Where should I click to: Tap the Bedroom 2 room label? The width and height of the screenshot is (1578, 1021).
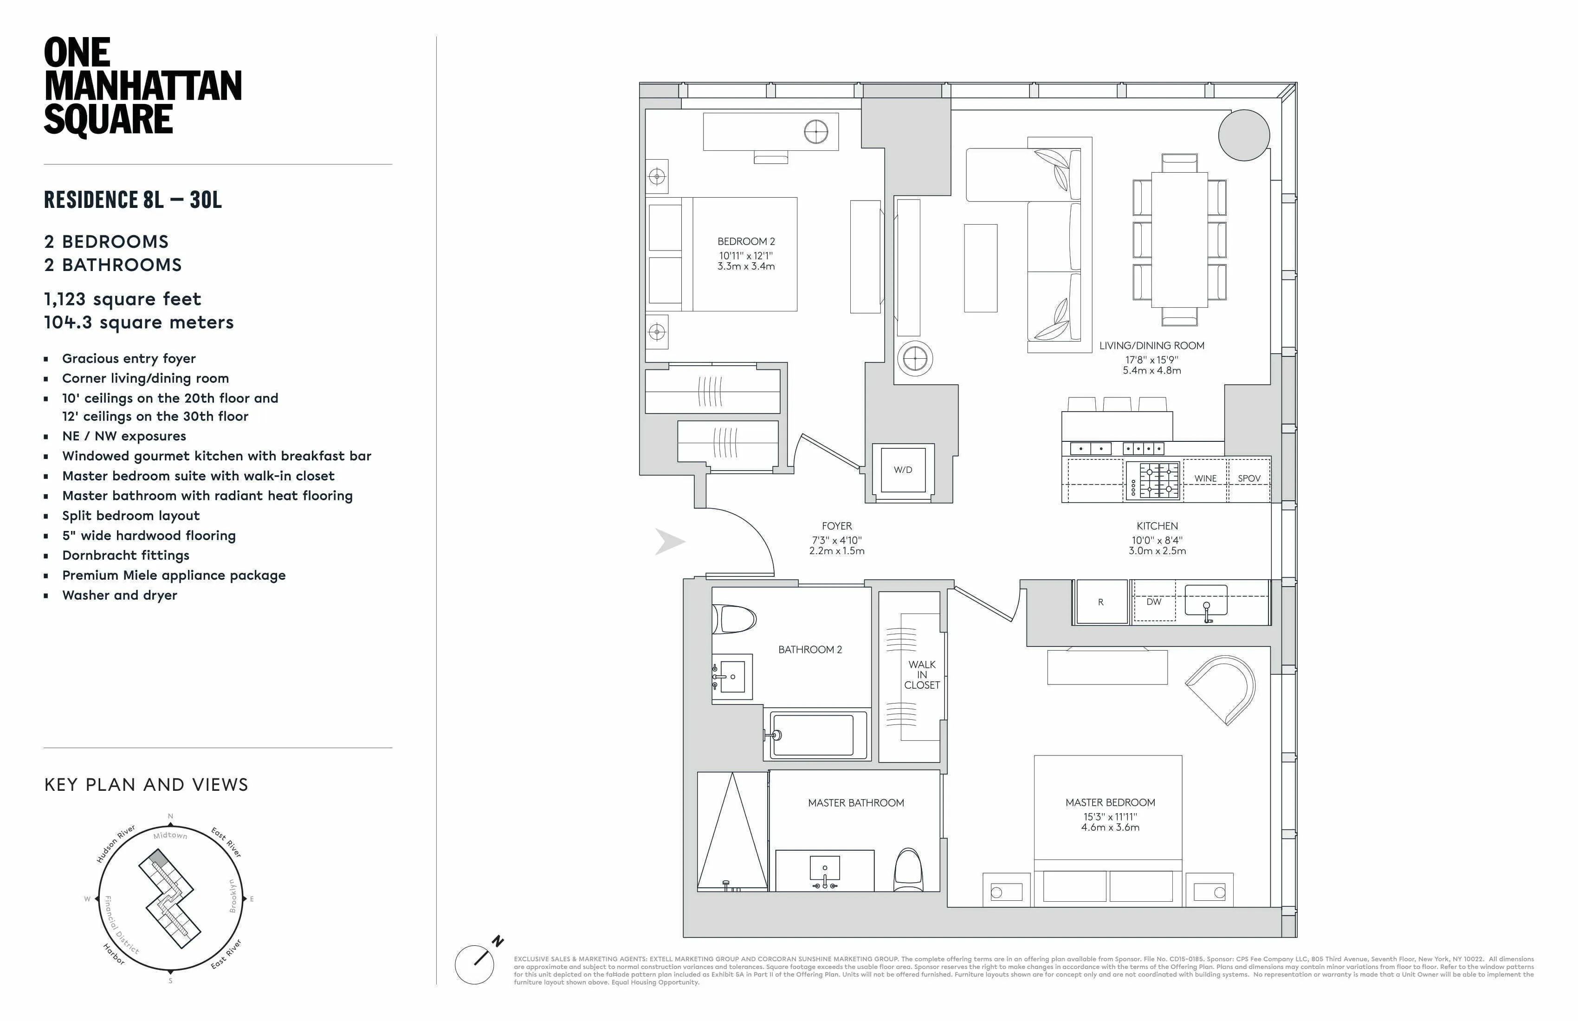point(746,242)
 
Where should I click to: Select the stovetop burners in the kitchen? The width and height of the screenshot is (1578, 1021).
point(1154,480)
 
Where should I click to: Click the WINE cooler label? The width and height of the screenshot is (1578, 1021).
point(1205,478)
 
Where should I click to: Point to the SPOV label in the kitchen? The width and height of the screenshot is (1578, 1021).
point(1248,478)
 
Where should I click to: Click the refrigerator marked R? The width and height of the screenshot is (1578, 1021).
point(1100,602)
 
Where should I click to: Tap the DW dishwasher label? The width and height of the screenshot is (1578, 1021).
point(1154,602)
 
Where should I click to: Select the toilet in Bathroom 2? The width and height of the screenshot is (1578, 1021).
point(735,619)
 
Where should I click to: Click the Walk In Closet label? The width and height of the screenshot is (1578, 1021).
point(922,674)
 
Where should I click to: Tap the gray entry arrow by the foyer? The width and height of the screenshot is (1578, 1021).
point(669,542)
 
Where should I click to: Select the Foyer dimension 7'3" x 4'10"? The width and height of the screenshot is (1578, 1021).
point(837,540)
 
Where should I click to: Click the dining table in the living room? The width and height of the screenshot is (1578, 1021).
point(1179,239)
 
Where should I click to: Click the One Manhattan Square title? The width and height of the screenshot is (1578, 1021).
point(142,87)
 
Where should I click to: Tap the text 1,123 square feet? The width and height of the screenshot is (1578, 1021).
point(123,299)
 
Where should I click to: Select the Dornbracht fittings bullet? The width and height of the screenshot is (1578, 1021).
point(126,556)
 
